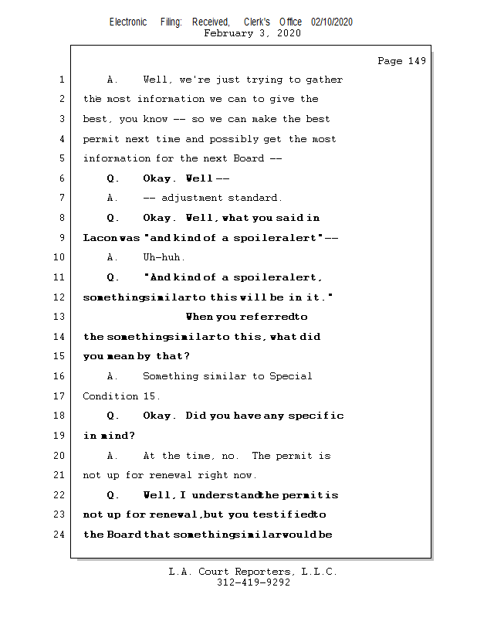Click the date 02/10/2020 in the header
[332, 22]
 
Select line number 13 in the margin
[60, 317]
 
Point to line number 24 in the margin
[60, 535]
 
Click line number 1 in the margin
[60, 80]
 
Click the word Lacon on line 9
[98, 238]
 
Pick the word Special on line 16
[291, 376]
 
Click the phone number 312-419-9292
[253, 583]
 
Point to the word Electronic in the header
[128, 22]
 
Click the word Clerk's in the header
[257, 22]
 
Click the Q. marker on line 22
[113, 495]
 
